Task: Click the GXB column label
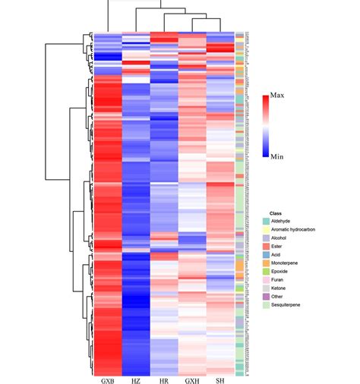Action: click(x=107, y=379)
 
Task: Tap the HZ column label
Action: click(x=137, y=379)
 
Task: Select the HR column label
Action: click(x=164, y=379)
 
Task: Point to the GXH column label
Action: click(x=193, y=379)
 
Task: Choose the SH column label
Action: click(x=221, y=379)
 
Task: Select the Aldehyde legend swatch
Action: click(x=267, y=221)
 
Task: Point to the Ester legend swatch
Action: click(x=267, y=246)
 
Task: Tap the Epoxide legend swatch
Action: click(x=267, y=271)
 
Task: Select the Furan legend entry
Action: click(x=280, y=279)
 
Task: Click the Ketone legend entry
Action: click(x=282, y=288)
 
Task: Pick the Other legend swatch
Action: click(x=267, y=297)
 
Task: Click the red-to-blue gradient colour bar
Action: click(x=265, y=125)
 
